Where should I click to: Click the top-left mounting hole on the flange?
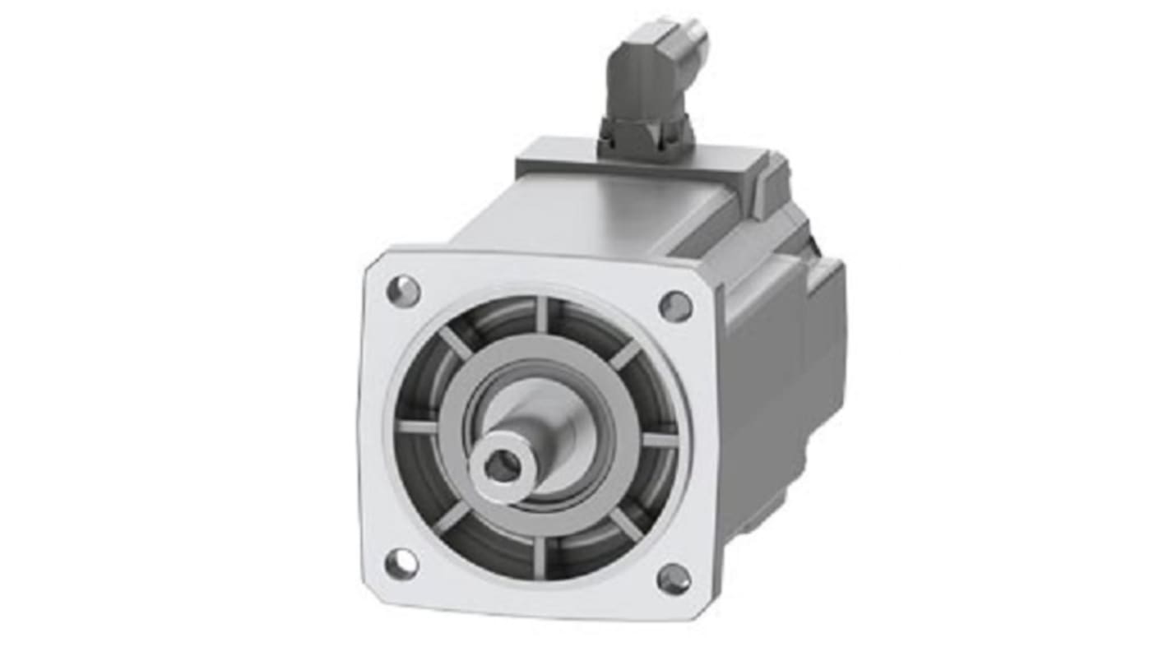403,290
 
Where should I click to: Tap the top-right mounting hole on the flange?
675,306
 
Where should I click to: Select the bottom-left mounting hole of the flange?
401,563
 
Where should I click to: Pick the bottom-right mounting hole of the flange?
674,579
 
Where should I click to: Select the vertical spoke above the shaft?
541,316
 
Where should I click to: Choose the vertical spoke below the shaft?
539,557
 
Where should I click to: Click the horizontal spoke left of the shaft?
417,427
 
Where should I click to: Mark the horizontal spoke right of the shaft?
660,441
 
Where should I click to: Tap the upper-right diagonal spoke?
626,354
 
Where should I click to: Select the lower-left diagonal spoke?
452,517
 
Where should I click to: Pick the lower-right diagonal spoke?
627,524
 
